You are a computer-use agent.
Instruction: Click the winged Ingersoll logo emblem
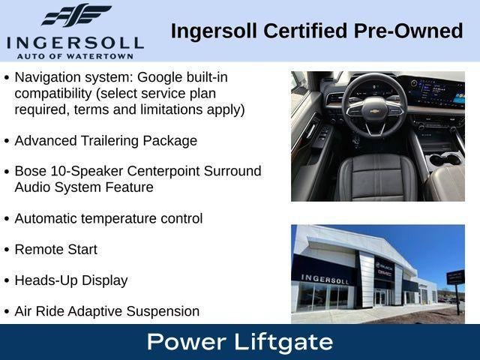(x=76, y=15)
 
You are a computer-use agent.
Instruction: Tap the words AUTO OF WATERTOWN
(x=75, y=56)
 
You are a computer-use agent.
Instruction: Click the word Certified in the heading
(x=305, y=31)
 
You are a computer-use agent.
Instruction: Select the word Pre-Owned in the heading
(x=408, y=31)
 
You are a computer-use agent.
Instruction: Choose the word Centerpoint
(x=163, y=171)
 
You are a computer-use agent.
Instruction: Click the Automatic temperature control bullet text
(x=109, y=218)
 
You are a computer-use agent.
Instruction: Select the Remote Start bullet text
(x=56, y=250)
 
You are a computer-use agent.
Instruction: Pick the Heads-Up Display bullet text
(x=71, y=280)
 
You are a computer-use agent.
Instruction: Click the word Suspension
(x=163, y=311)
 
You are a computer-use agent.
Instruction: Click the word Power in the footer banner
(x=187, y=342)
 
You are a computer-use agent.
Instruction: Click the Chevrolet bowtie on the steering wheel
(x=373, y=111)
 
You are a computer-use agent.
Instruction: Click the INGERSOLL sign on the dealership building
(x=325, y=279)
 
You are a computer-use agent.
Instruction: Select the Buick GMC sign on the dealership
(x=384, y=269)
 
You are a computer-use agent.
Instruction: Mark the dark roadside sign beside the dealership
(x=455, y=277)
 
